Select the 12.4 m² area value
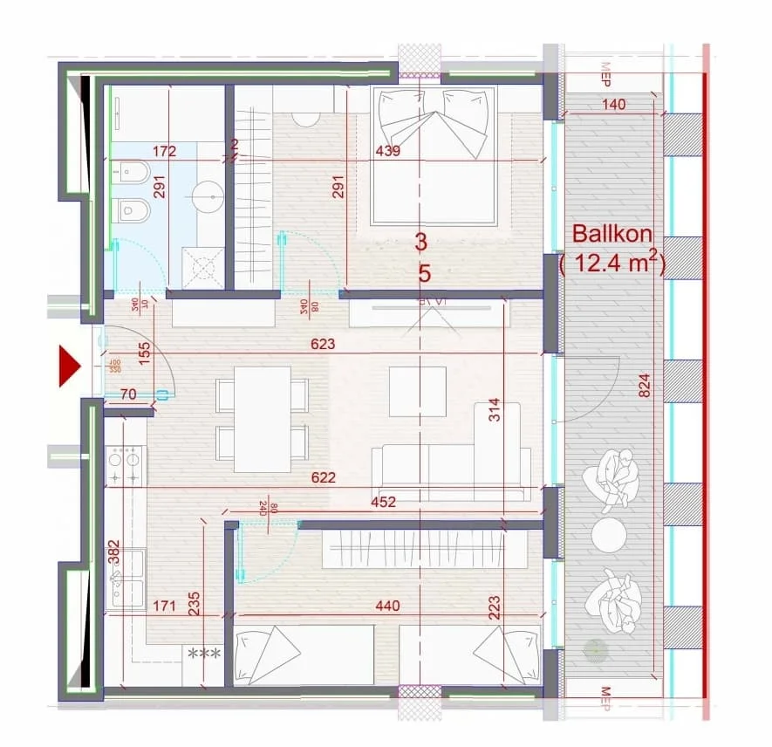[x=613, y=263]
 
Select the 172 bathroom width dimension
[x=163, y=151]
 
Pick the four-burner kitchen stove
[x=124, y=465]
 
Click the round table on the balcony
[x=609, y=534]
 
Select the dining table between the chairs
[x=262, y=419]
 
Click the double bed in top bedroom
[x=434, y=157]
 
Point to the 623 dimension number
[x=323, y=345]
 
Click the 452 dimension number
[x=383, y=502]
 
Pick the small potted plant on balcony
[x=595, y=648]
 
